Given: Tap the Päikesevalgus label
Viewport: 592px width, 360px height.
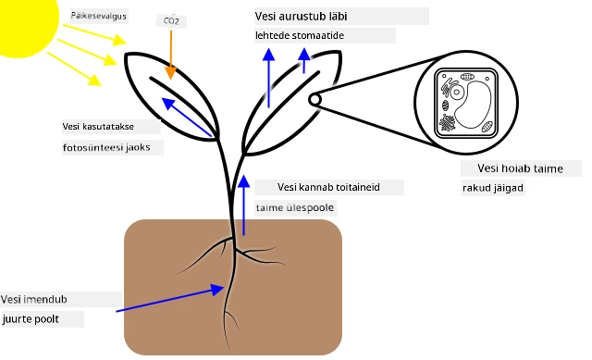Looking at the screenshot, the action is click(99, 17).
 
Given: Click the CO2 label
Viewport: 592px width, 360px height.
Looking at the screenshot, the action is click(171, 20).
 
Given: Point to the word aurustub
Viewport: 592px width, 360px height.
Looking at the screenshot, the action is click(302, 17).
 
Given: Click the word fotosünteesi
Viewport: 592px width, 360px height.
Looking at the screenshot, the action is click(92, 147).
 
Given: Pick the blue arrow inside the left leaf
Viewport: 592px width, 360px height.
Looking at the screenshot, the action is click(187, 118).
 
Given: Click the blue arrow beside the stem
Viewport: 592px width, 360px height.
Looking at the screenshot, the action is click(244, 205).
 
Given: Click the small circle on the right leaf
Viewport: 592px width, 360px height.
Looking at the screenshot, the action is click(314, 100).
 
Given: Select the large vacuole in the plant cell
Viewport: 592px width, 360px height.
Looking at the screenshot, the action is click(473, 105).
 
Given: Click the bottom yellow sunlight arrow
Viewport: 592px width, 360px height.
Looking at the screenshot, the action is click(74, 68).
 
